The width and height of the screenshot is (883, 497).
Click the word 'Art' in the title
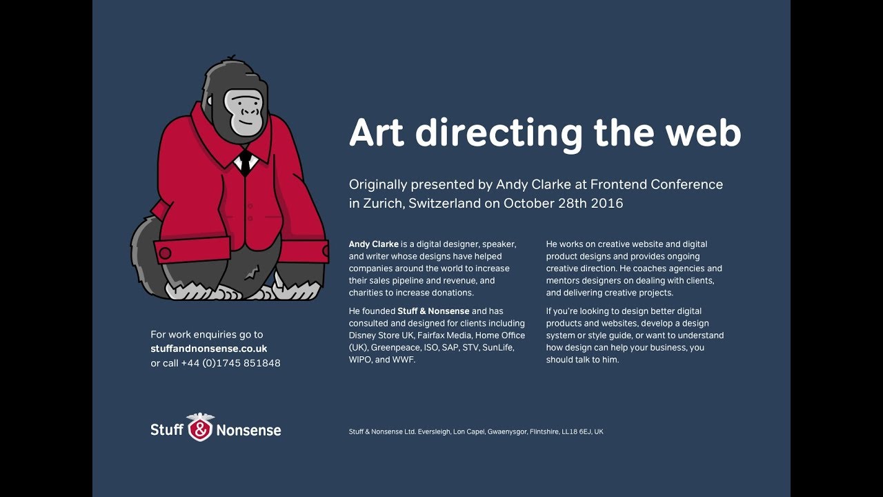coord(376,133)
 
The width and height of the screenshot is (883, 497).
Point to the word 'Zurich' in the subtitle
coord(382,204)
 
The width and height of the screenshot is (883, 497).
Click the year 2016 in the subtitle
coord(607,204)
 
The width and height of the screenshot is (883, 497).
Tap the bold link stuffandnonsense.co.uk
coord(209,349)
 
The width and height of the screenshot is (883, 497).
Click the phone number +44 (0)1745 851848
coord(231,363)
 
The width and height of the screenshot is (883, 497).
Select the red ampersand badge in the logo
coord(200,429)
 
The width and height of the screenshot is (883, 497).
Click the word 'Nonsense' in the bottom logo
coord(248,431)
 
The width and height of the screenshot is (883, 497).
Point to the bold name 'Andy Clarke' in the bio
coord(373,244)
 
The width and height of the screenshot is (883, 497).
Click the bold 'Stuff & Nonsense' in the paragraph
coord(433,311)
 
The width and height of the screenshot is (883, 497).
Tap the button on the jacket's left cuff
coord(165,253)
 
